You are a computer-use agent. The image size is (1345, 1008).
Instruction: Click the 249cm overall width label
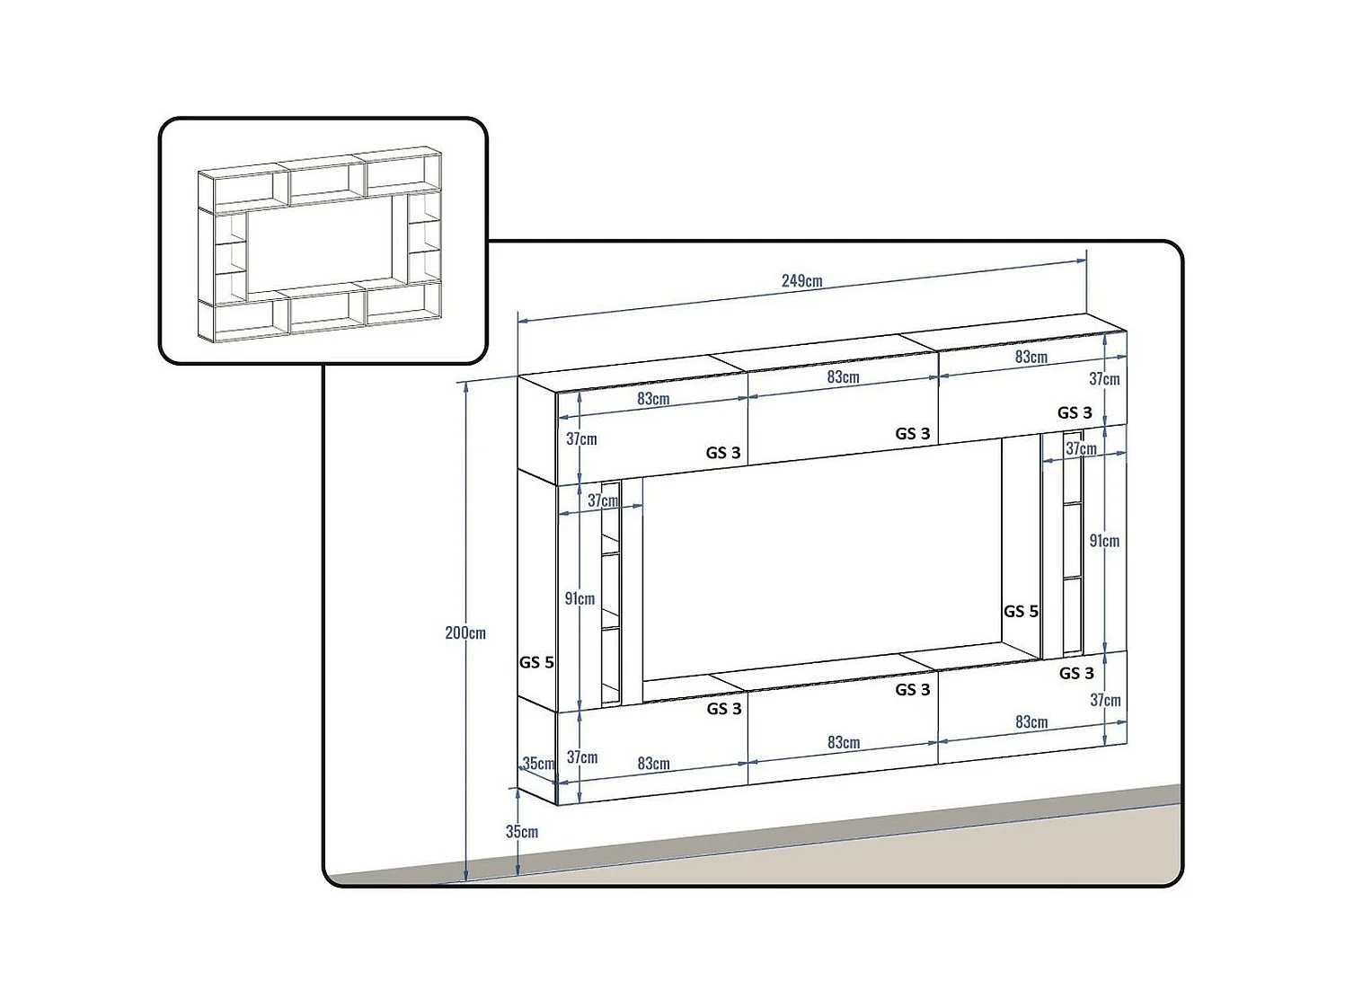(x=801, y=281)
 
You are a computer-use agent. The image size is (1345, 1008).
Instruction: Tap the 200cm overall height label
(x=465, y=633)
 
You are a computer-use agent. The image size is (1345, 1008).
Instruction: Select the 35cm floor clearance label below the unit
(x=522, y=832)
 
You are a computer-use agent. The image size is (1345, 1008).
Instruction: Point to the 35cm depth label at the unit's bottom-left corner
(x=539, y=764)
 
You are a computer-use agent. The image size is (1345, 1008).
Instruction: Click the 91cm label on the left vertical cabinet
(x=580, y=599)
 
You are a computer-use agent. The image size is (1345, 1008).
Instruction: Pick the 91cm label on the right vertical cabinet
(x=1104, y=541)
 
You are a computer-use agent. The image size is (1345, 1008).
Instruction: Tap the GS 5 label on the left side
(x=536, y=663)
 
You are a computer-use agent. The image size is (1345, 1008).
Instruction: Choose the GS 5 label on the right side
(x=1021, y=612)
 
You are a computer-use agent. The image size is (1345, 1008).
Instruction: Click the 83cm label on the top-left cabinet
(x=653, y=399)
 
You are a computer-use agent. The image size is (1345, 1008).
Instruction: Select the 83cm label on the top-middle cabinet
(x=843, y=377)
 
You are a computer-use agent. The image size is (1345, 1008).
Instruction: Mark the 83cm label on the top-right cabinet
(x=1031, y=357)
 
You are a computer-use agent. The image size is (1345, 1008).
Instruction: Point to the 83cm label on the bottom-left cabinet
(x=653, y=764)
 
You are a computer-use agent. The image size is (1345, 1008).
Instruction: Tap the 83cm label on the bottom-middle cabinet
(x=843, y=743)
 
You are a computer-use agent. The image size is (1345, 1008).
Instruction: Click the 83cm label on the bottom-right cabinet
(x=1031, y=722)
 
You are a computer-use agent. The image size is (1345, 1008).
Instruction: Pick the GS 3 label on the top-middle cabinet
(x=913, y=434)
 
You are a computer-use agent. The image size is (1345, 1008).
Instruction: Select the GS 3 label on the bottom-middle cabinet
(x=913, y=690)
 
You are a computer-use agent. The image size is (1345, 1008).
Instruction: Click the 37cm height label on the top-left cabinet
(x=581, y=439)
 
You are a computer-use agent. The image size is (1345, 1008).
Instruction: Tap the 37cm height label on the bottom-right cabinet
(x=1105, y=700)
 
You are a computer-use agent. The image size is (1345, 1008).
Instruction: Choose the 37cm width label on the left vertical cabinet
(x=603, y=500)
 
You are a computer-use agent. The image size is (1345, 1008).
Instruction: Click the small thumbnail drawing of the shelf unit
(x=322, y=243)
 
